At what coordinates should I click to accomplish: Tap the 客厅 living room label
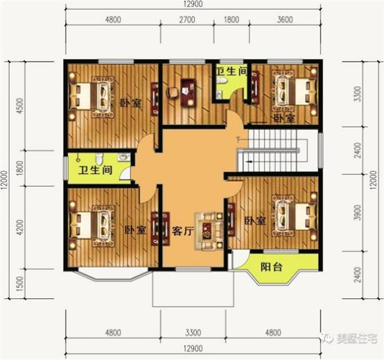[x=182, y=231]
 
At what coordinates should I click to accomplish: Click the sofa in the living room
[x=209, y=228]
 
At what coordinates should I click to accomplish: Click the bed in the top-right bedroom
[x=289, y=90]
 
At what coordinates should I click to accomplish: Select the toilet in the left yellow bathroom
[x=99, y=157]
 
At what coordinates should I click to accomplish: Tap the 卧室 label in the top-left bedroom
[x=126, y=103]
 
